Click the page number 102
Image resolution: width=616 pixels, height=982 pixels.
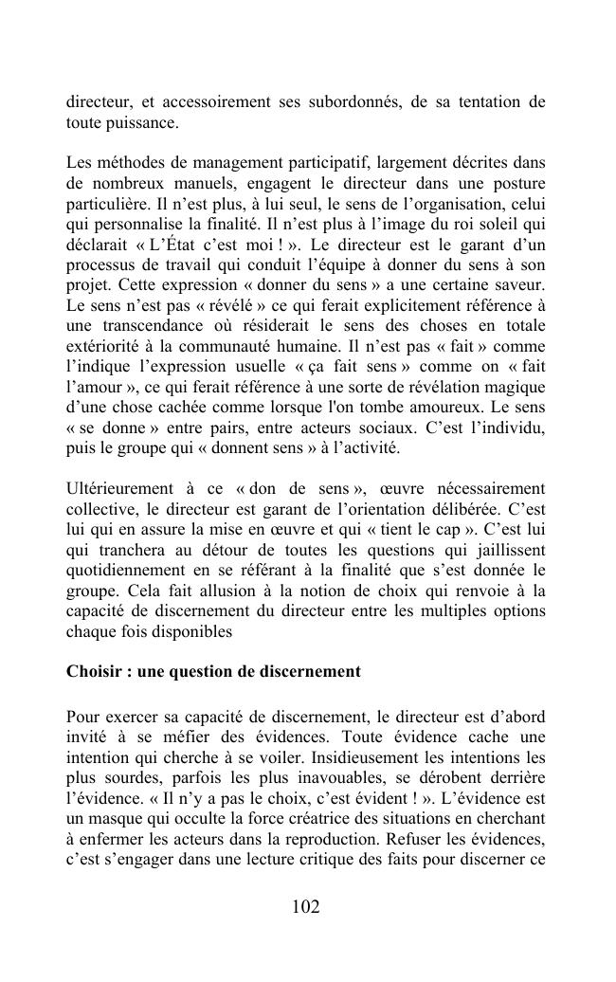(307, 907)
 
